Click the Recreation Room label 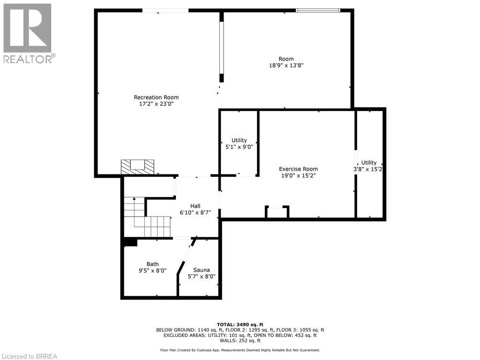coord(156,97)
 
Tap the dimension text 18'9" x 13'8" coord(286,66)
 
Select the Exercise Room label coord(298,169)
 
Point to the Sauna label coord(202,270)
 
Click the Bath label coord(152,264)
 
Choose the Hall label coord(195,206)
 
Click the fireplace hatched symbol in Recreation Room coord(137,166)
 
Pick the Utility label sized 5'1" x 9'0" coord(239,141)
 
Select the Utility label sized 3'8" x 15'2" coord(369,163)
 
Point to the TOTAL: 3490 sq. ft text coord(240,324)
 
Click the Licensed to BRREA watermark coord(29,356)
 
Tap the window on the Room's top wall coord(318,10)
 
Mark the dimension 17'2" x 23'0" coord(156,105)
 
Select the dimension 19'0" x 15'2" coord(298,176)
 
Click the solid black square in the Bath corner coord(130,242)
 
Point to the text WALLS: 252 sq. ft coord(240,341)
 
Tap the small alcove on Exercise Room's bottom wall coord(277,212)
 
